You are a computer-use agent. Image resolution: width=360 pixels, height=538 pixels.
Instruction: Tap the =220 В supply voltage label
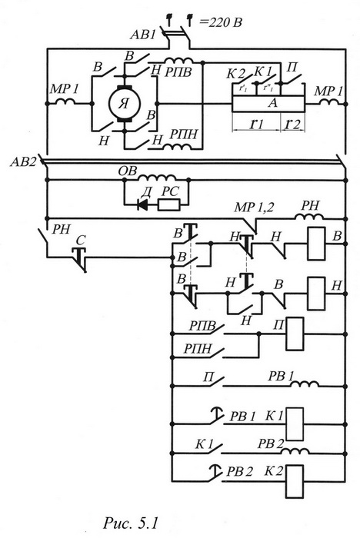[x=220, y=22]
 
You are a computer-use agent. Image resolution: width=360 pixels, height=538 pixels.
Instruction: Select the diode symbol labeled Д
[x=142, y=205]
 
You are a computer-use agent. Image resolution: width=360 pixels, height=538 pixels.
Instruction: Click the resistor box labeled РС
[x=168, y=205]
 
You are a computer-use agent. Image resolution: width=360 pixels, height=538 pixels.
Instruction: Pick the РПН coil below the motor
[x=177, y=147]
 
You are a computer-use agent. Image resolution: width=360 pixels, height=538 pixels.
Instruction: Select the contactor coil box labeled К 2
[x=295, y=481]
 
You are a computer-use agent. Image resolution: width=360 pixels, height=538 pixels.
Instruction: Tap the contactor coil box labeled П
[x=295, y=334]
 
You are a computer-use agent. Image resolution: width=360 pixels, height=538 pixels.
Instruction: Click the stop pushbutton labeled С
[x=80, y=258]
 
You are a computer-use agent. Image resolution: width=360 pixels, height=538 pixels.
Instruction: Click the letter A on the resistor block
[x=272, y=103]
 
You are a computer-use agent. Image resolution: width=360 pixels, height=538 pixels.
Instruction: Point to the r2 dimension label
[x=292, y=123]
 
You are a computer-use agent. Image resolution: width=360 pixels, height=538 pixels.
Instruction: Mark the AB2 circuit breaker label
[x=22, y=162]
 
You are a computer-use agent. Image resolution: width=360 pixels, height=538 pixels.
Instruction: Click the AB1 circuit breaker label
[x=143, y=35]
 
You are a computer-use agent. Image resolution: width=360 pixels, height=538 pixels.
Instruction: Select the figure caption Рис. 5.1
[x=131, y=523]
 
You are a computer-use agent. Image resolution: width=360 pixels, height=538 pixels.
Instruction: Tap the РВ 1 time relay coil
[x=305, y=384]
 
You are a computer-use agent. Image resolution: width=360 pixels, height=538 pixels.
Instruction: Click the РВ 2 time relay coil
[x=295, y=450]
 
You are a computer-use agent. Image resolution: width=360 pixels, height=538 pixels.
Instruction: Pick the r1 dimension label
[x=256, y=123]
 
